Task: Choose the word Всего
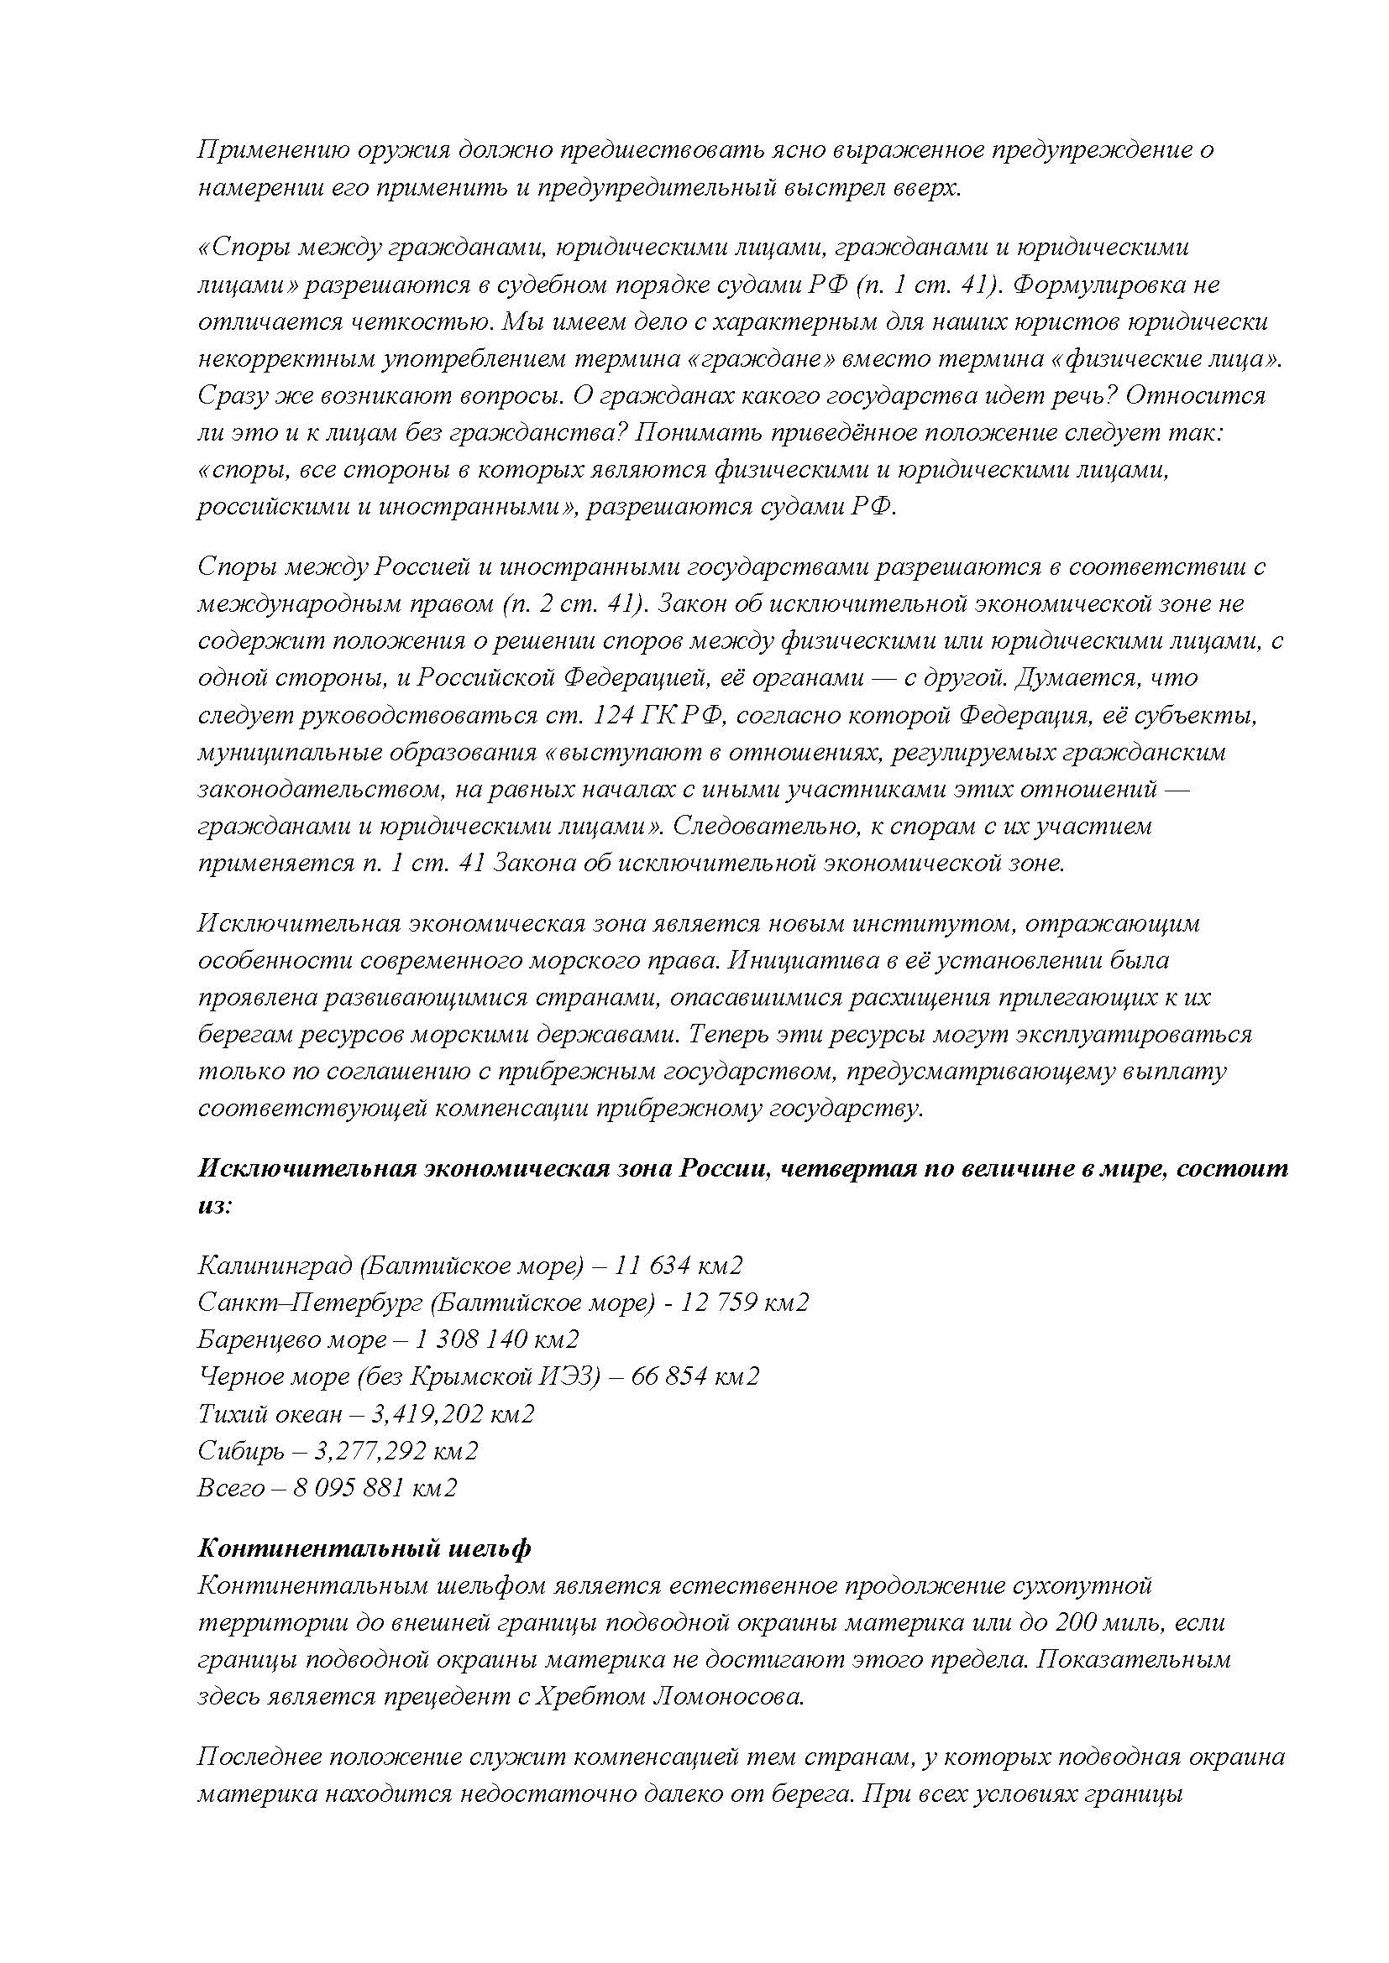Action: pyautogui.click(x=231, y=1488)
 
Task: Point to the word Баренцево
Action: pyautogui.click(x=258, y=1339)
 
